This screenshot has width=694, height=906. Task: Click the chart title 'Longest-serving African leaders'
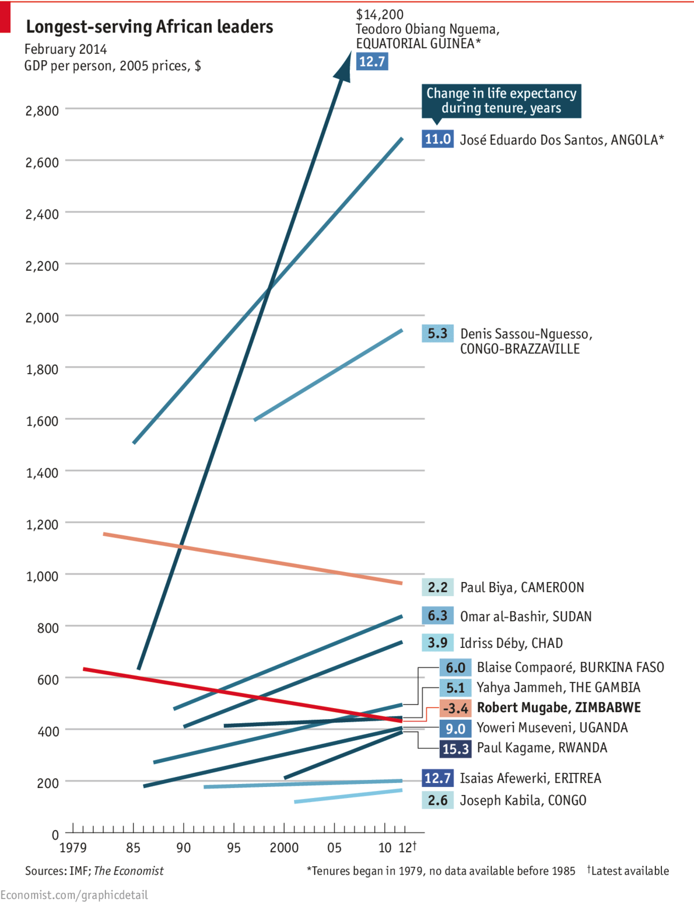(149, 27)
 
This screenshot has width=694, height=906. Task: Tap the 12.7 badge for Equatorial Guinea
(372, 61)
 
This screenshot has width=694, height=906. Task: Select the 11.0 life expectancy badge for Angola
(437, 139)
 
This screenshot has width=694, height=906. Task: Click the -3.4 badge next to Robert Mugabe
(455, 708)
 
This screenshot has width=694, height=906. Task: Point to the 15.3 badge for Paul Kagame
(455, 748)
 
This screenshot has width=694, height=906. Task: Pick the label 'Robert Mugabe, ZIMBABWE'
(558, 708)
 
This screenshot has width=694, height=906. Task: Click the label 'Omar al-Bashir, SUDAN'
(525, 616)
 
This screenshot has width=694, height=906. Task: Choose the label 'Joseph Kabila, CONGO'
(523, 800)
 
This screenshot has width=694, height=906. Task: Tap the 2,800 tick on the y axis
(42, 110)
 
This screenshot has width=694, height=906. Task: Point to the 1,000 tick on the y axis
(42, 576)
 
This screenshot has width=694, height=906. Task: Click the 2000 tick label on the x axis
(284, 848)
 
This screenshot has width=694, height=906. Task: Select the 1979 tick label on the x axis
(73, 848)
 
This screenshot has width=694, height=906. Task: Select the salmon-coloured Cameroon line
(251, 558)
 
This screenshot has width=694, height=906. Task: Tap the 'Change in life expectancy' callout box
(501, 101)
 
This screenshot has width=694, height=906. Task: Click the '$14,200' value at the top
(380, 15)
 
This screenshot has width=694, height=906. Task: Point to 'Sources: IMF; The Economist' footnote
(94, 871)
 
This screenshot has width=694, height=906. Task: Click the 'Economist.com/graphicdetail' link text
(74, 895)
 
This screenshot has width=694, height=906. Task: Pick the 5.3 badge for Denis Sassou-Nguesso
(437, 333)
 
